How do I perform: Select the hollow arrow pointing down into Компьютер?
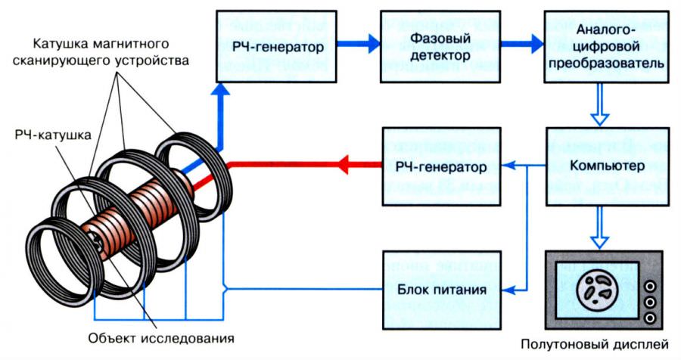pyautogui.click(x=599, y=115)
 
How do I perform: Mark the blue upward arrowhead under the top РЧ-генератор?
pyautogui.click(x=219, y=89)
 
